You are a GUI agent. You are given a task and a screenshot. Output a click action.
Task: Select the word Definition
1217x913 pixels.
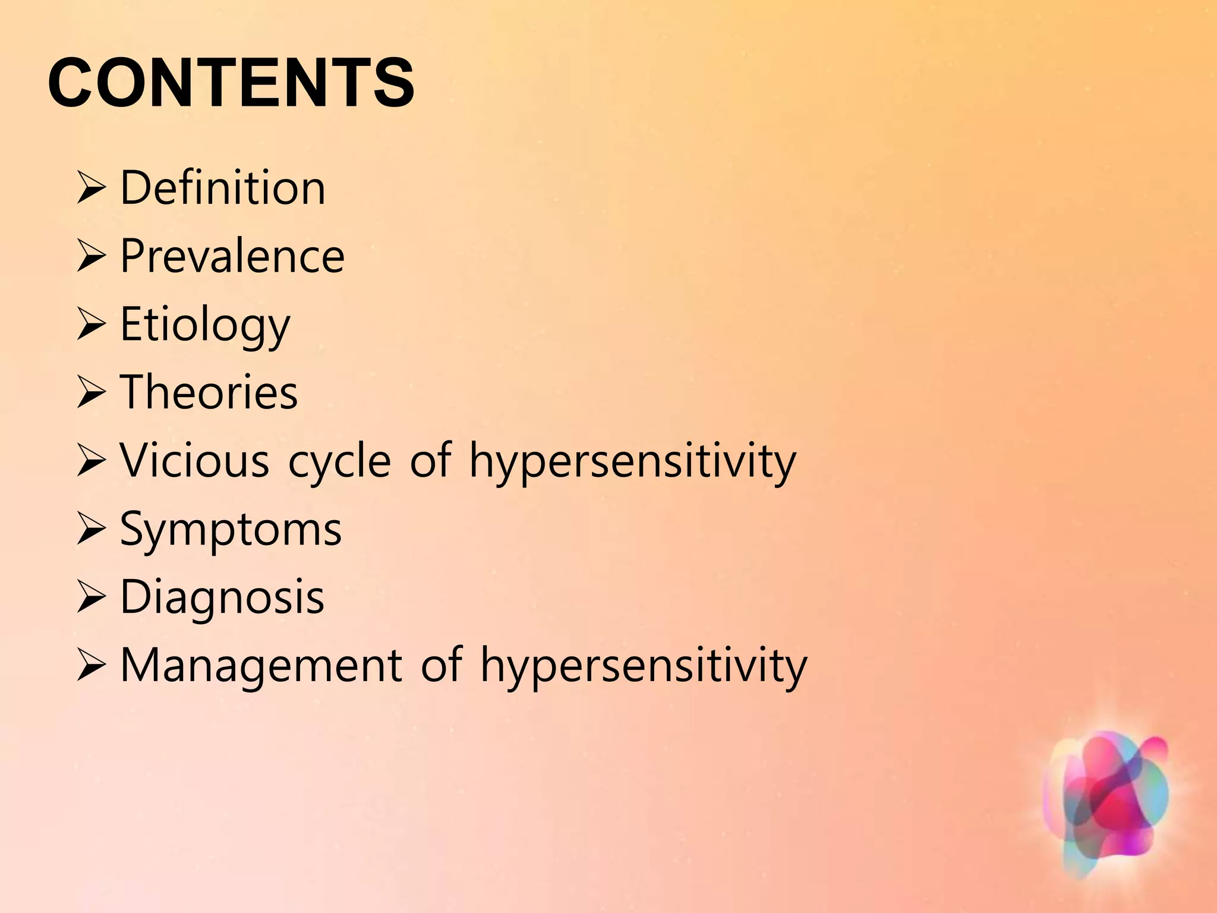tap(223, 188)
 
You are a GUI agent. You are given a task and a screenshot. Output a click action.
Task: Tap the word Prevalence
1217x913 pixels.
tap(232, 256)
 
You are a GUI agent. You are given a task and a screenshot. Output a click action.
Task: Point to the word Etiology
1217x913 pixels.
tap(205, 325)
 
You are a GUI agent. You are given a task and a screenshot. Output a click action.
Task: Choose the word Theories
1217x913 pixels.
tap(209, 392)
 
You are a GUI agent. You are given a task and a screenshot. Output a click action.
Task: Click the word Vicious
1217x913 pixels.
tap(194, 461)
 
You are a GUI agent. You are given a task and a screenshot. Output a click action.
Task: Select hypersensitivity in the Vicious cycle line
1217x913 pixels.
tap(632, 462)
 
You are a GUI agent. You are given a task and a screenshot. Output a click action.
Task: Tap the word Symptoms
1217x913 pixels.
tap(231, 529)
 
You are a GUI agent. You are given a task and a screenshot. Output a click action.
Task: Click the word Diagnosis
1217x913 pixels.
tap(222, 597)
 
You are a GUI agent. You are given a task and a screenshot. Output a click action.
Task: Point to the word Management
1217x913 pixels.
tap(261, 665)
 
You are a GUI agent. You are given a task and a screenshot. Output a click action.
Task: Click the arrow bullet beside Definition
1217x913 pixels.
tap(91, 189)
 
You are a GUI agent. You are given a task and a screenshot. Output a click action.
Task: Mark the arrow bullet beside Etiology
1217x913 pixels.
tap(91, 325)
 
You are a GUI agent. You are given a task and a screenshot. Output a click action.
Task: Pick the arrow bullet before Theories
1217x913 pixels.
tap(91, 393)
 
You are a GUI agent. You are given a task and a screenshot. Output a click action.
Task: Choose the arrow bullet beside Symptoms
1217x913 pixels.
tap(91, 530)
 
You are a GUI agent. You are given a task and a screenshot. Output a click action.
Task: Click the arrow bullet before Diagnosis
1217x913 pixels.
tap(91, 598)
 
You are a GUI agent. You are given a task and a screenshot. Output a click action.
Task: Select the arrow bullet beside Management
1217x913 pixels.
tap(91, 666)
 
